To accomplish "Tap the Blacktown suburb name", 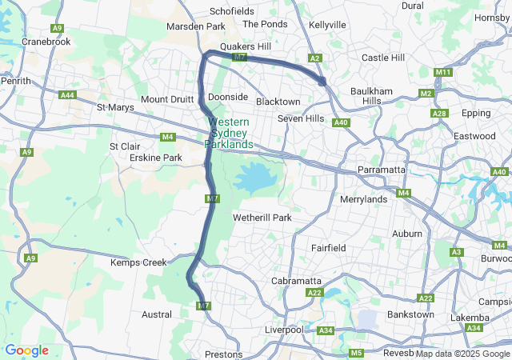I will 278,102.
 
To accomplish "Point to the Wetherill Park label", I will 262,218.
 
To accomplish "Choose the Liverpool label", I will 284,330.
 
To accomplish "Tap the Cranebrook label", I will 46,41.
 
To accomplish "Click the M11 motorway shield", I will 444,73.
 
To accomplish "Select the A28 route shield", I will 439,114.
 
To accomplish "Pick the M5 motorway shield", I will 356,353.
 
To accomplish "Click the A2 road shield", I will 315,58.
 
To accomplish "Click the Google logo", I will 26,350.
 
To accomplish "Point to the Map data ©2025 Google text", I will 462,354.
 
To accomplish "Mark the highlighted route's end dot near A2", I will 322,80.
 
